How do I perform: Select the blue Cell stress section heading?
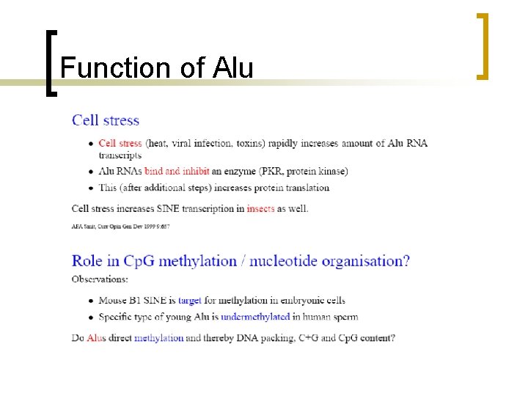point(105,120)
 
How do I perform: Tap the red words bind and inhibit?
point(175,172)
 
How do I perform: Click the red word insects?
point(261,208)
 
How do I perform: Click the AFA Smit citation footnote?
point(120,227)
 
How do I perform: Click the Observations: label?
point(100,279)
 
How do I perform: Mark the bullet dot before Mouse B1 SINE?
point(90,301)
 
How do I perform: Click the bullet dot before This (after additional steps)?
point(90,188)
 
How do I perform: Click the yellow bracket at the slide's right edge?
point(482,45)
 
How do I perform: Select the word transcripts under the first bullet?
point(120,155)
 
